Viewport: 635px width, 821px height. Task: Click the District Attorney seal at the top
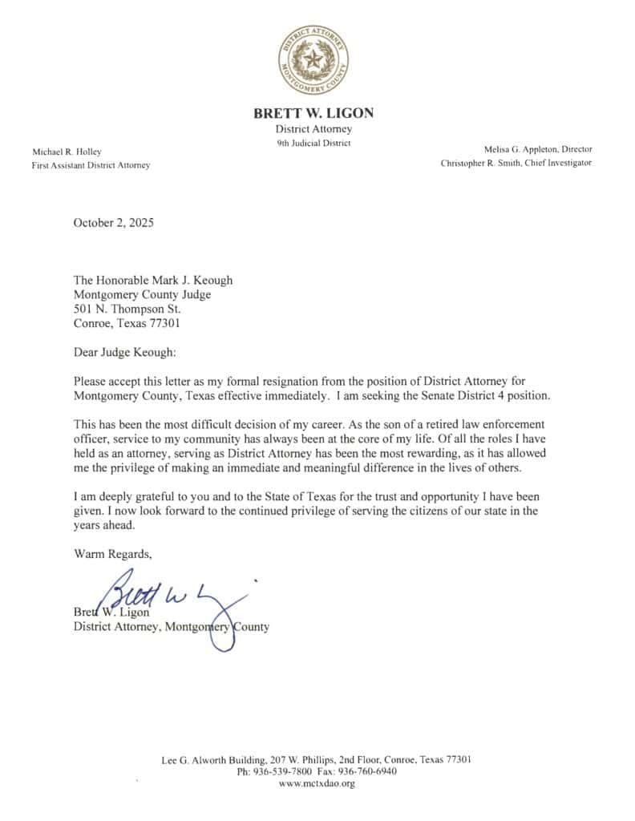click(313, 58)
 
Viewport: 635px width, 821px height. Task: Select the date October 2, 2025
click(113, 223)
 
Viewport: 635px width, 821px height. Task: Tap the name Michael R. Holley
click(67, 152)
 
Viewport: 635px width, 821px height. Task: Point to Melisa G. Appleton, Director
click(538, 149)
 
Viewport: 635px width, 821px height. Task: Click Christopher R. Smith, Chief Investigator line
click(516, 163)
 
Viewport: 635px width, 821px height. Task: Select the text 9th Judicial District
click(313, 144)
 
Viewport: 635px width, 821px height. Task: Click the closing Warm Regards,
click(112, 554)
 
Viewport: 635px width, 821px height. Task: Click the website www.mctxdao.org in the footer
click(317, 783)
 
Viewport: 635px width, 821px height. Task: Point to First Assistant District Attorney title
click(91, 165)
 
